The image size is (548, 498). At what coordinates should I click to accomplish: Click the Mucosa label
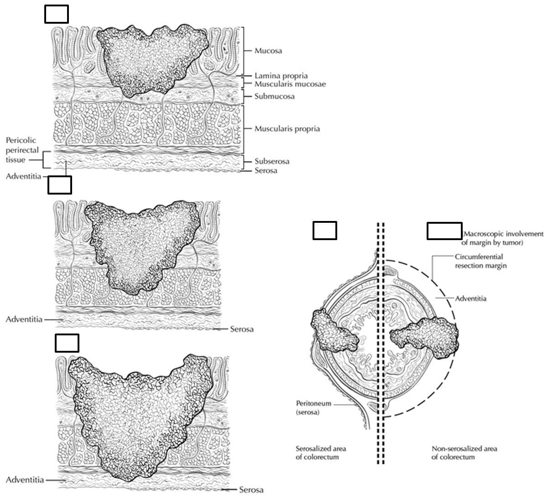(268, 51)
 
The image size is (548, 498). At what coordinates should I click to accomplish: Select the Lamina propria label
(281, 76)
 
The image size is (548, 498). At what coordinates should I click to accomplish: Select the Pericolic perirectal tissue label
(21, 150)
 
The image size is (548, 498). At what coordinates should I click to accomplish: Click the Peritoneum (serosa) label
(313, 408)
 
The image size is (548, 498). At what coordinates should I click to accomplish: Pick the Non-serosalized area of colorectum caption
(464, 452)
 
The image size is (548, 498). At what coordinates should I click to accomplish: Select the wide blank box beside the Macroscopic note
(444, 231)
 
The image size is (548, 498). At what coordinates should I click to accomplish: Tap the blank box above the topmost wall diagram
(57, 14)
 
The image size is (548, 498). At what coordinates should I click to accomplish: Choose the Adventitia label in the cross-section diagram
(470, 298)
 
